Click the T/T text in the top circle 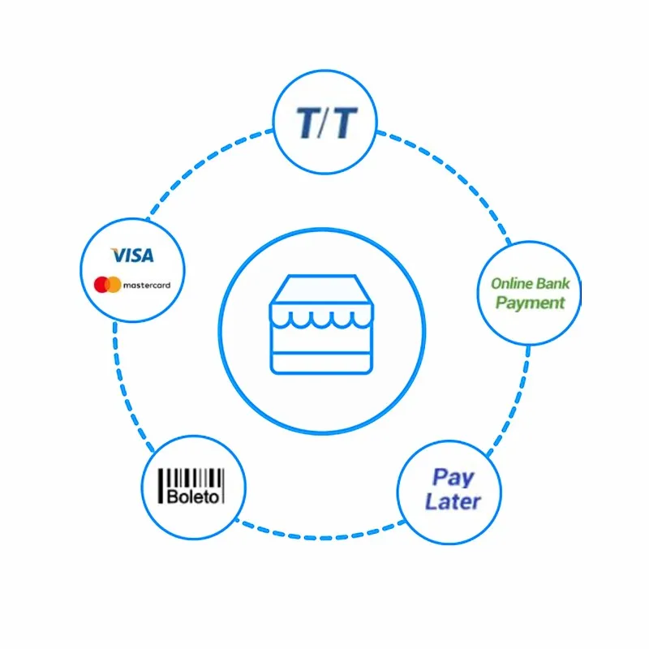coord(325,122)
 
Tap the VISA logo coord(132,256)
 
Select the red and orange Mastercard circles coord(107,285)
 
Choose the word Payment coord(530,303)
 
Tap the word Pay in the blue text coord(453,476)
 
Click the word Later coord(453,501)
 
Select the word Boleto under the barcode coord(192,496)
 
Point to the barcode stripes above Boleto coord(192,477)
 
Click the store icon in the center coord(323,325)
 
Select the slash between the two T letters coord(325,122)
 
